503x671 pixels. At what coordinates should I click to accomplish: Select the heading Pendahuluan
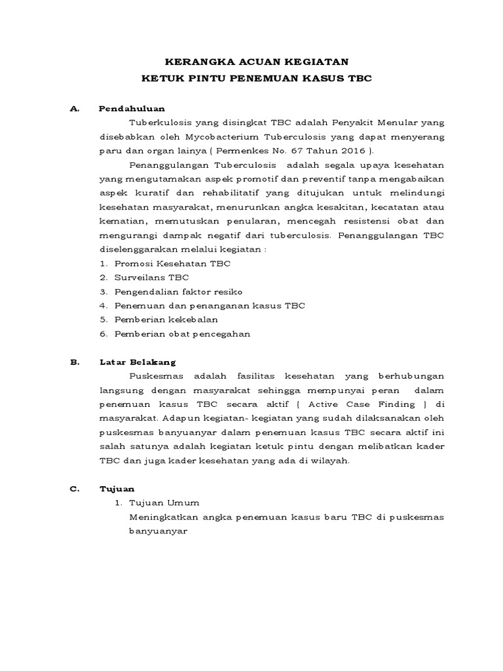click(132, 108)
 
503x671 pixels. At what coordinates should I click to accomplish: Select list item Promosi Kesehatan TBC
click(172, 263)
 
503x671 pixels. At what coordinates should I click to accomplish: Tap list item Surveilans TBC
click(151, 277)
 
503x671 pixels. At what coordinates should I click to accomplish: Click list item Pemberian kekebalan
click(166, 319)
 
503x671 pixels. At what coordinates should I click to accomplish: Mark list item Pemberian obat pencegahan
click(182, 334)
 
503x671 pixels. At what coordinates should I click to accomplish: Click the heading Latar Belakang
click(137, 362)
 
